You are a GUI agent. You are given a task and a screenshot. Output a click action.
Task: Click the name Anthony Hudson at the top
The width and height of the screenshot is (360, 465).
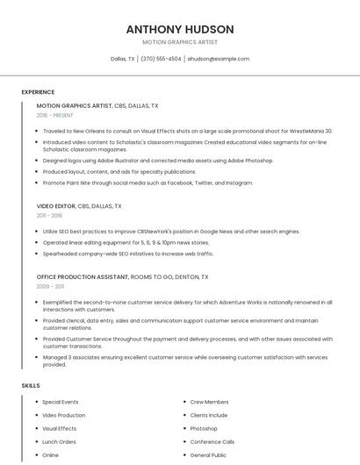pyautogui.click(x=180, y=28)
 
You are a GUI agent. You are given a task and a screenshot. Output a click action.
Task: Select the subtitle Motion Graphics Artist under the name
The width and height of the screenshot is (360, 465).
pyautogui.click(x=180, y=42)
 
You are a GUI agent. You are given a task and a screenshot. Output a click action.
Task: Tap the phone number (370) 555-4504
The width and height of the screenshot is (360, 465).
pyautogui.click(x=161, y=59)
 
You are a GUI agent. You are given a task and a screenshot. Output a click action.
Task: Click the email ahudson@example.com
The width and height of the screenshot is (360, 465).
pyautogui.click(x=218, y=59)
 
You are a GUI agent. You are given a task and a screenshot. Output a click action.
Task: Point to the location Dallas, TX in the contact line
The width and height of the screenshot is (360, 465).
pyautogui.click(x=123, y=59)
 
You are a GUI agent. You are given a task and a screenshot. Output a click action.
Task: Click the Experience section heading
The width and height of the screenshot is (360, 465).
pyautogui.click(x=38, y=92)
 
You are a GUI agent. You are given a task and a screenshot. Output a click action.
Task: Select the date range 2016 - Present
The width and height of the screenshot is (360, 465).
pyautogui.click(x=54, y=115)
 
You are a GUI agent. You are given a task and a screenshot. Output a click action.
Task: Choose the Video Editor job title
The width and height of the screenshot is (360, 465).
pyautogui.click(x=56, y=206)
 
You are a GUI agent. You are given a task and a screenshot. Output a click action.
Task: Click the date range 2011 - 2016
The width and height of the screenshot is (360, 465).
pyautogui.click(x=49, y=215)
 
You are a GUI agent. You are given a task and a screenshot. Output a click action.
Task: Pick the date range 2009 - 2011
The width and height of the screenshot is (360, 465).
pyautogui.click(x=50, y=286)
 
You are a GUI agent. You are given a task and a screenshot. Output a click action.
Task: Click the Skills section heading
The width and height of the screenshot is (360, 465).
pyautogui.click(x=31, y=386)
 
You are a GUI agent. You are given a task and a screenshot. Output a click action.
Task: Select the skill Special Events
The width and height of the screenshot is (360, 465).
pyautogui.click(x=61, y=402)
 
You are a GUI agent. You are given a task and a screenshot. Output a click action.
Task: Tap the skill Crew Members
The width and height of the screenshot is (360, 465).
pyautogui.click(x=209, y=402)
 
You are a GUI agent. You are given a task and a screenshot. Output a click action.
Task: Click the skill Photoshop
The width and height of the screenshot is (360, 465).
pyautogui.click(x=204, y=429)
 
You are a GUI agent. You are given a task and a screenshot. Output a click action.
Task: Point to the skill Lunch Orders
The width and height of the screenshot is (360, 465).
pyautogui.click(x=60, y=442)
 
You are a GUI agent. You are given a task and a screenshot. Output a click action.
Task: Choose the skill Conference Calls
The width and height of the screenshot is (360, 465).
pyautogui.click(x=212, y=442)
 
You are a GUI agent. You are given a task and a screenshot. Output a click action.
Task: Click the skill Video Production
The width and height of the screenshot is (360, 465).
pyautogui.click(x=64, y=415)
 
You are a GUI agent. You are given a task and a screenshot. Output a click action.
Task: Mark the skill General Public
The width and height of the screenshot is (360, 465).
pyautogui.click(x=208, y=455)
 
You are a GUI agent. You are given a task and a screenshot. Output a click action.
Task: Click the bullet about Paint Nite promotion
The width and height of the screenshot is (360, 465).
pyautogui.click(x=148, y=182)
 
